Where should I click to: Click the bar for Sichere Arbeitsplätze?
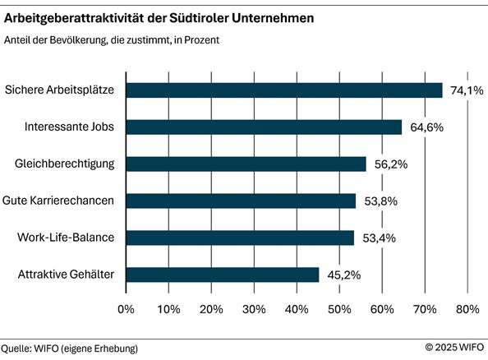(284, 90)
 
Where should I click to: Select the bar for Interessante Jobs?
(264, 127)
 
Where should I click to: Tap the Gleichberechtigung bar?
(246, 164)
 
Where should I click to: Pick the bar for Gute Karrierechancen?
(241, 201)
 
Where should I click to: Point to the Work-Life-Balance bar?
(240, 238)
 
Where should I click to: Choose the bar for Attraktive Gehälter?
(223, 275)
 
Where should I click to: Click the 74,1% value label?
(464, 90)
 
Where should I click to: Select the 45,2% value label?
(342, 275)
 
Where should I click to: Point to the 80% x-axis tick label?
(467, 309)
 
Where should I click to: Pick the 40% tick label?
(297, 309)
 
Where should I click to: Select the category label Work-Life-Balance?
(65, 238)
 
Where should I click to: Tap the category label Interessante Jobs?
(69, 127)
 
